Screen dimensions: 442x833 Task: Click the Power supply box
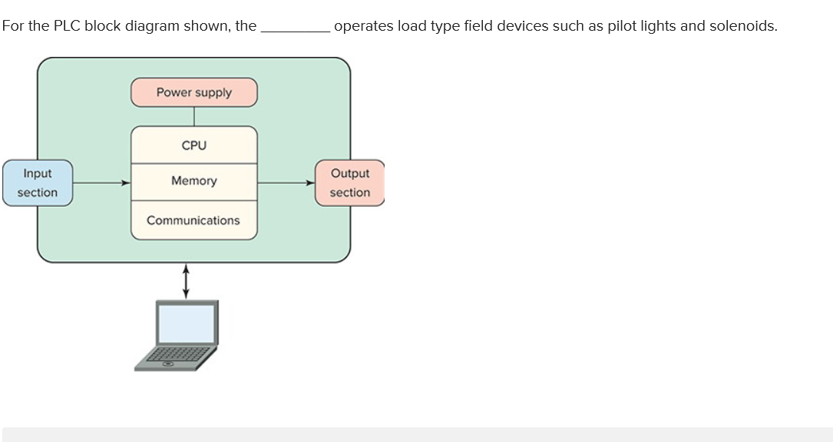click(x=193, y=92)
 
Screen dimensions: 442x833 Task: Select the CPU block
click(x=193, y=145)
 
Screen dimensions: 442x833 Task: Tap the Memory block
click(x=193, y=181)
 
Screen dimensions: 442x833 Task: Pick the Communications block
click(x=193, y=221)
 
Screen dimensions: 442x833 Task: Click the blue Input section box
click(x=37, y=183)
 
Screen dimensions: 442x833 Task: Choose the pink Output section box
click(x=349, y=183)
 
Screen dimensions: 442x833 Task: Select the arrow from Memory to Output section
click(x=286, y=183)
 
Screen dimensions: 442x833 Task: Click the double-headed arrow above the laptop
click(x=185, y=281)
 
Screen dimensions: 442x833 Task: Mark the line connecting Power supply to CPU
click(x=193, y=116)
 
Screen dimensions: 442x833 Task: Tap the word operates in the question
click(x=363, y=26)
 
